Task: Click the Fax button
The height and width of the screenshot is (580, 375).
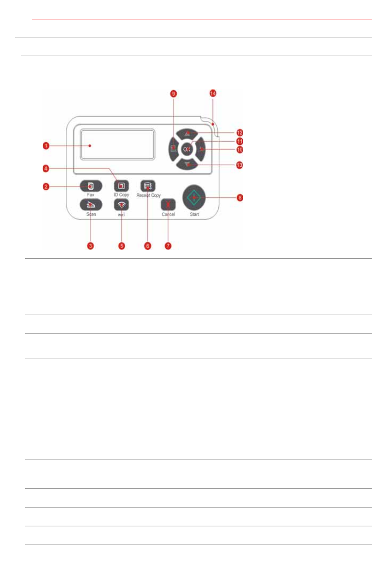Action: tap(91, 186)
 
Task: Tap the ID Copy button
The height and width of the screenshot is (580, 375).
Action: tap(121, 186)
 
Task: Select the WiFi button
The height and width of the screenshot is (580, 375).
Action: tap(121, 204)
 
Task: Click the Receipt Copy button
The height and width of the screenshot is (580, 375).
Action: tap(148, 186)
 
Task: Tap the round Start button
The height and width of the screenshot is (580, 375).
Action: tap(194, 197)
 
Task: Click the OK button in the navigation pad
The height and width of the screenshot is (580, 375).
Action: tap(187, 149)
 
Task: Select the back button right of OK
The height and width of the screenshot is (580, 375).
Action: tap(201, 149)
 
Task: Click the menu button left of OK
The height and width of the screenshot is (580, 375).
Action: tap(173, 149)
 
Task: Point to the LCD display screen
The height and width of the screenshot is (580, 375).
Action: tap(117, 145)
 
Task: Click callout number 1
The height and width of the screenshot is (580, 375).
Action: tap(46, 146)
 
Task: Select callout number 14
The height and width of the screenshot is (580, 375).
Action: tap(213, 93)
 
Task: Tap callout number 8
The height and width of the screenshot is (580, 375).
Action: tap(240, 197)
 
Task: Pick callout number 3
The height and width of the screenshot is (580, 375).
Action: tap(91, 246)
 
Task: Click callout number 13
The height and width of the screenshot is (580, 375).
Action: tap(239, 165)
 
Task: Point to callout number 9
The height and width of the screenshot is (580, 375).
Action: tap(174, 94)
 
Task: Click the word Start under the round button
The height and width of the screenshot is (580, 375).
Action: tap(194, 214)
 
